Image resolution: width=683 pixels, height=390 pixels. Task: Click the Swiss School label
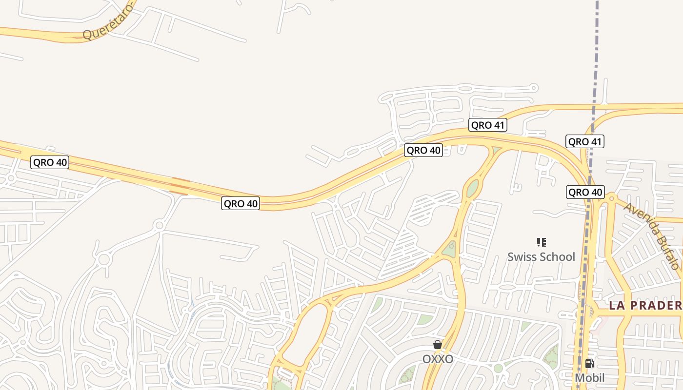click(541, 257)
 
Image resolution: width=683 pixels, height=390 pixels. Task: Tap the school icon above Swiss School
click(541, 242)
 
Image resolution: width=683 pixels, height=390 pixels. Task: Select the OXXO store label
click(438, 359)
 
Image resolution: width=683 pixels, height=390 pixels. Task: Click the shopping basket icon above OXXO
click(438, 345)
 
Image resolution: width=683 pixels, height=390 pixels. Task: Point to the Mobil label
click(589, 378)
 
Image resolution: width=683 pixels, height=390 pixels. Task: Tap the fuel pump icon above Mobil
click(589, 363)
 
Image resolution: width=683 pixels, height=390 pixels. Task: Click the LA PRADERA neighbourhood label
click(645, 306)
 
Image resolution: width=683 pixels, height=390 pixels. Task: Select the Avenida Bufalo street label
click(652, 236)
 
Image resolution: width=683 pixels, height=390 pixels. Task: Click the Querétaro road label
click(108, 22)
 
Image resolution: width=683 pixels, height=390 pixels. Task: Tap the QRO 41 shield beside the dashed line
click(585, 142)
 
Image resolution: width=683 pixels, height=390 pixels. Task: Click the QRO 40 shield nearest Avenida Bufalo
click(585, 192)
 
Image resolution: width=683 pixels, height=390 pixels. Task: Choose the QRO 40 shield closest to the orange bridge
click(241, 203)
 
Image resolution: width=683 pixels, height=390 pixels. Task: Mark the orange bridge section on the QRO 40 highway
click(181, 187)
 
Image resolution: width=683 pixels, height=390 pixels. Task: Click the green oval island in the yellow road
click(472, 188)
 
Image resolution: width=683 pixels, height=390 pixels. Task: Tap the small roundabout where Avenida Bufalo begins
click(611, 196)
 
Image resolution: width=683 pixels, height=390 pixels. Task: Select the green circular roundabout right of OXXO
click(498, 368)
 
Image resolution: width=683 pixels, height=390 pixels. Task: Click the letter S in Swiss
click(511, 257)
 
